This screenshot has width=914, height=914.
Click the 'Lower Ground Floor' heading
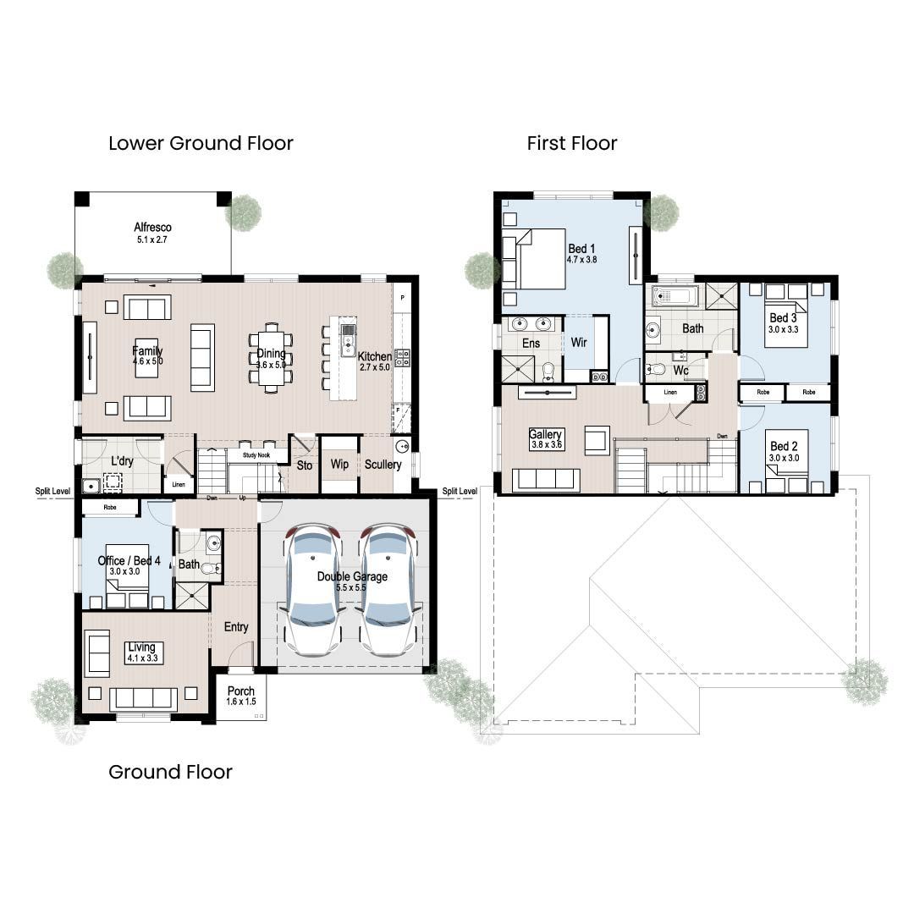201,143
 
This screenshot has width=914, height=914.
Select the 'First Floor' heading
572,143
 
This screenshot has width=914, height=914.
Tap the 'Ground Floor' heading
170,772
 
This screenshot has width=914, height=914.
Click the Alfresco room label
153,227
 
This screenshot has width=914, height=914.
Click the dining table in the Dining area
272,357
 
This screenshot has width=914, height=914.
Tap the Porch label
241,691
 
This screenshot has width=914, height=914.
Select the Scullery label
383,465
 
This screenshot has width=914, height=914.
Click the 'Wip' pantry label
339,465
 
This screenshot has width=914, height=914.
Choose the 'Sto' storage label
305,465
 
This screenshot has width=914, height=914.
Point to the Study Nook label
256,455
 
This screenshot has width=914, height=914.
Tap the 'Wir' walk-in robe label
580,343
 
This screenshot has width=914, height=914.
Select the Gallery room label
546,434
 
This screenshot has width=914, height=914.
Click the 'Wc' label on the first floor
680,370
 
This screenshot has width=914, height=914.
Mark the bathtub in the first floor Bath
674,296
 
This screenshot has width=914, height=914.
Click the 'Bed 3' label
783,317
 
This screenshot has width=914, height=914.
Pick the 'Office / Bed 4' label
129,561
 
